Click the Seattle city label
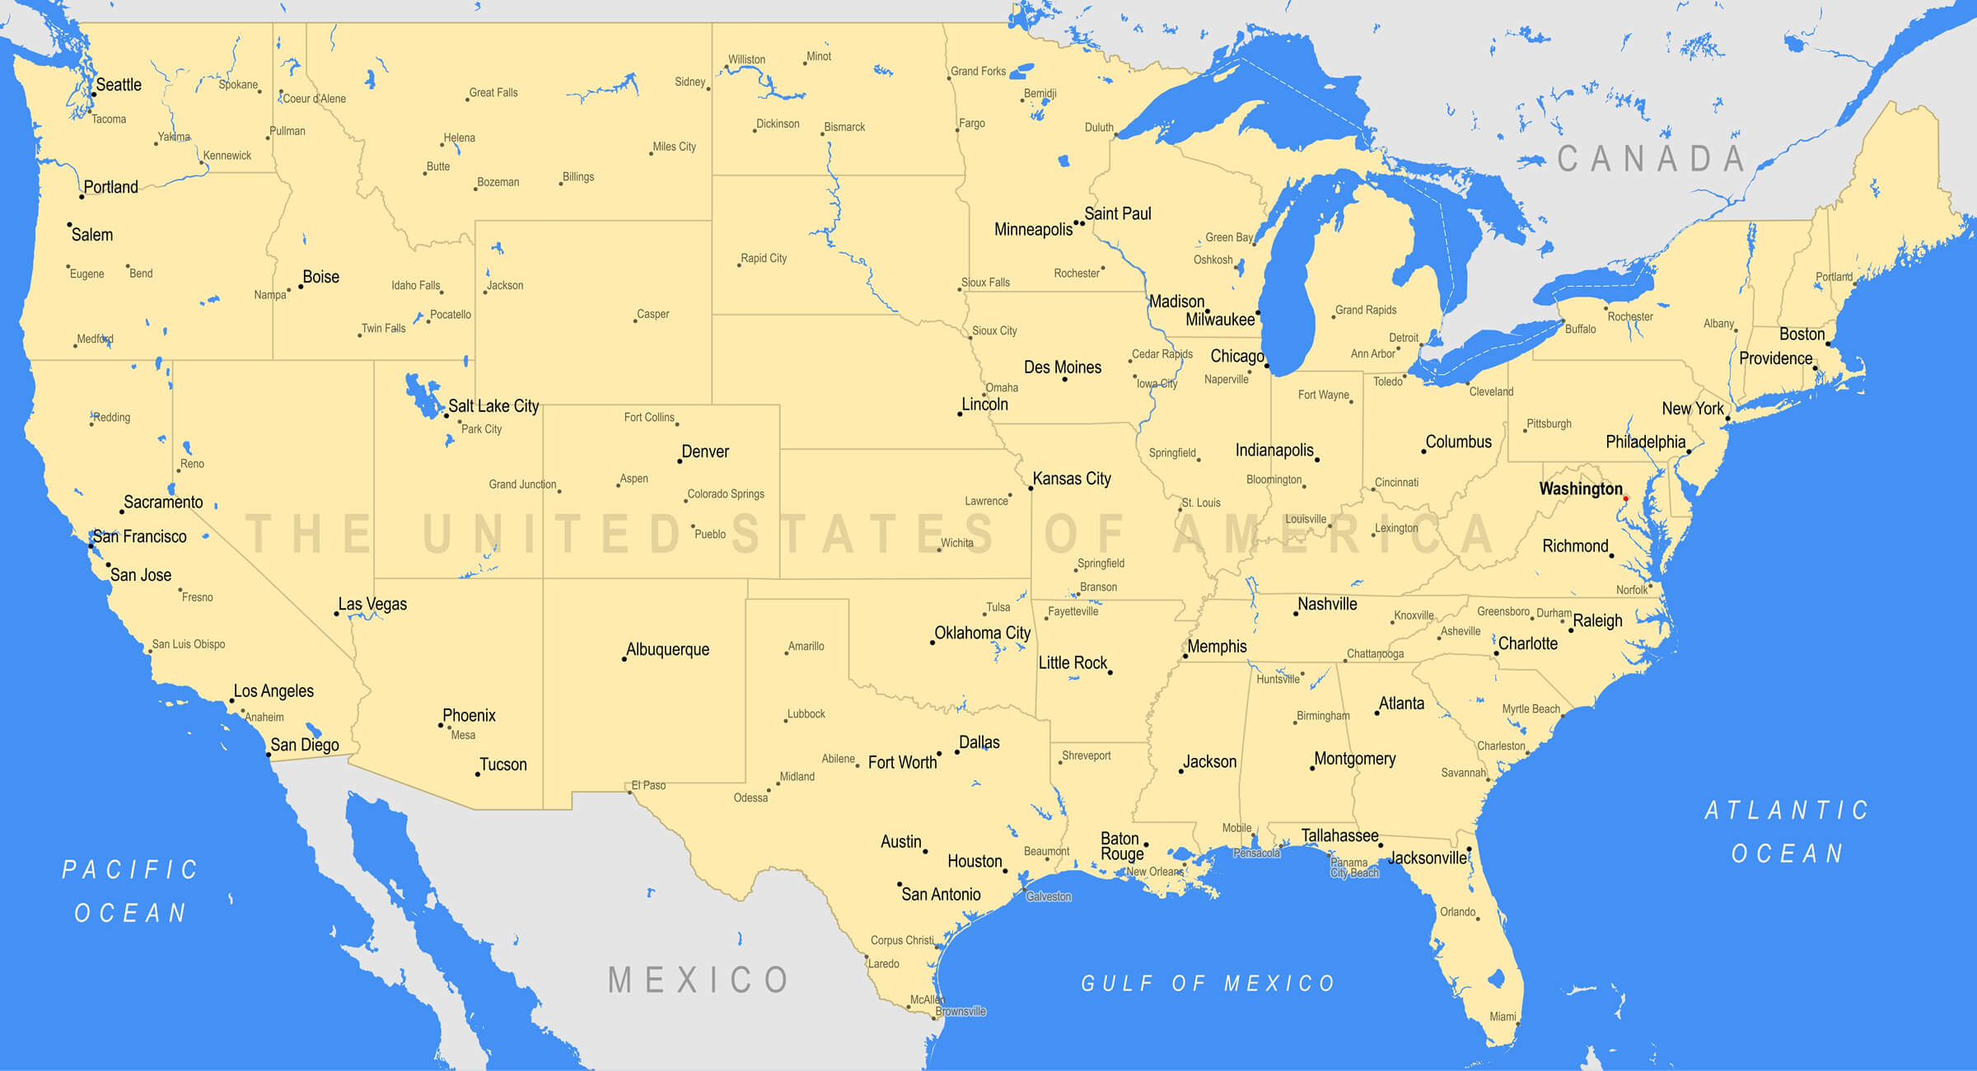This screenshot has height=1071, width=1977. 119,85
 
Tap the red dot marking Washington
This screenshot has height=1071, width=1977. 1625,498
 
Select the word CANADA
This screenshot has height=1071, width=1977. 1651,159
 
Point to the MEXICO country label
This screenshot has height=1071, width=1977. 699,980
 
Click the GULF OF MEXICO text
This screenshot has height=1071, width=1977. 1208,983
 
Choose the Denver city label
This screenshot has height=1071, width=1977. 705,451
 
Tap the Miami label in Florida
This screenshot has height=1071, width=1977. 1503,1017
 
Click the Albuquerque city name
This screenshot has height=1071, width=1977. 667,649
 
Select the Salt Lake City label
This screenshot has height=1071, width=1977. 493,406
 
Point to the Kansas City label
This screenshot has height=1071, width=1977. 1072,479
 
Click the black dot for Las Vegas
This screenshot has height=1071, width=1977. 336,614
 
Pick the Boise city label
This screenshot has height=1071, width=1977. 320,277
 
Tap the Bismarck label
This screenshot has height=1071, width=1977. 844,127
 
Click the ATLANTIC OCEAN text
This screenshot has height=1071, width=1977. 1787,831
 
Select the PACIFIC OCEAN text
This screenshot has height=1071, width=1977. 130,891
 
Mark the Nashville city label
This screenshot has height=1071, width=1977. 1327,604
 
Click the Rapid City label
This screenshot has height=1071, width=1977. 764,258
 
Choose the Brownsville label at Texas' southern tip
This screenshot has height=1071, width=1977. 960,1012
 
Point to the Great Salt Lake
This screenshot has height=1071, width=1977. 423,395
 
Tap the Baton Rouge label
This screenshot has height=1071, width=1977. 1121,846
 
